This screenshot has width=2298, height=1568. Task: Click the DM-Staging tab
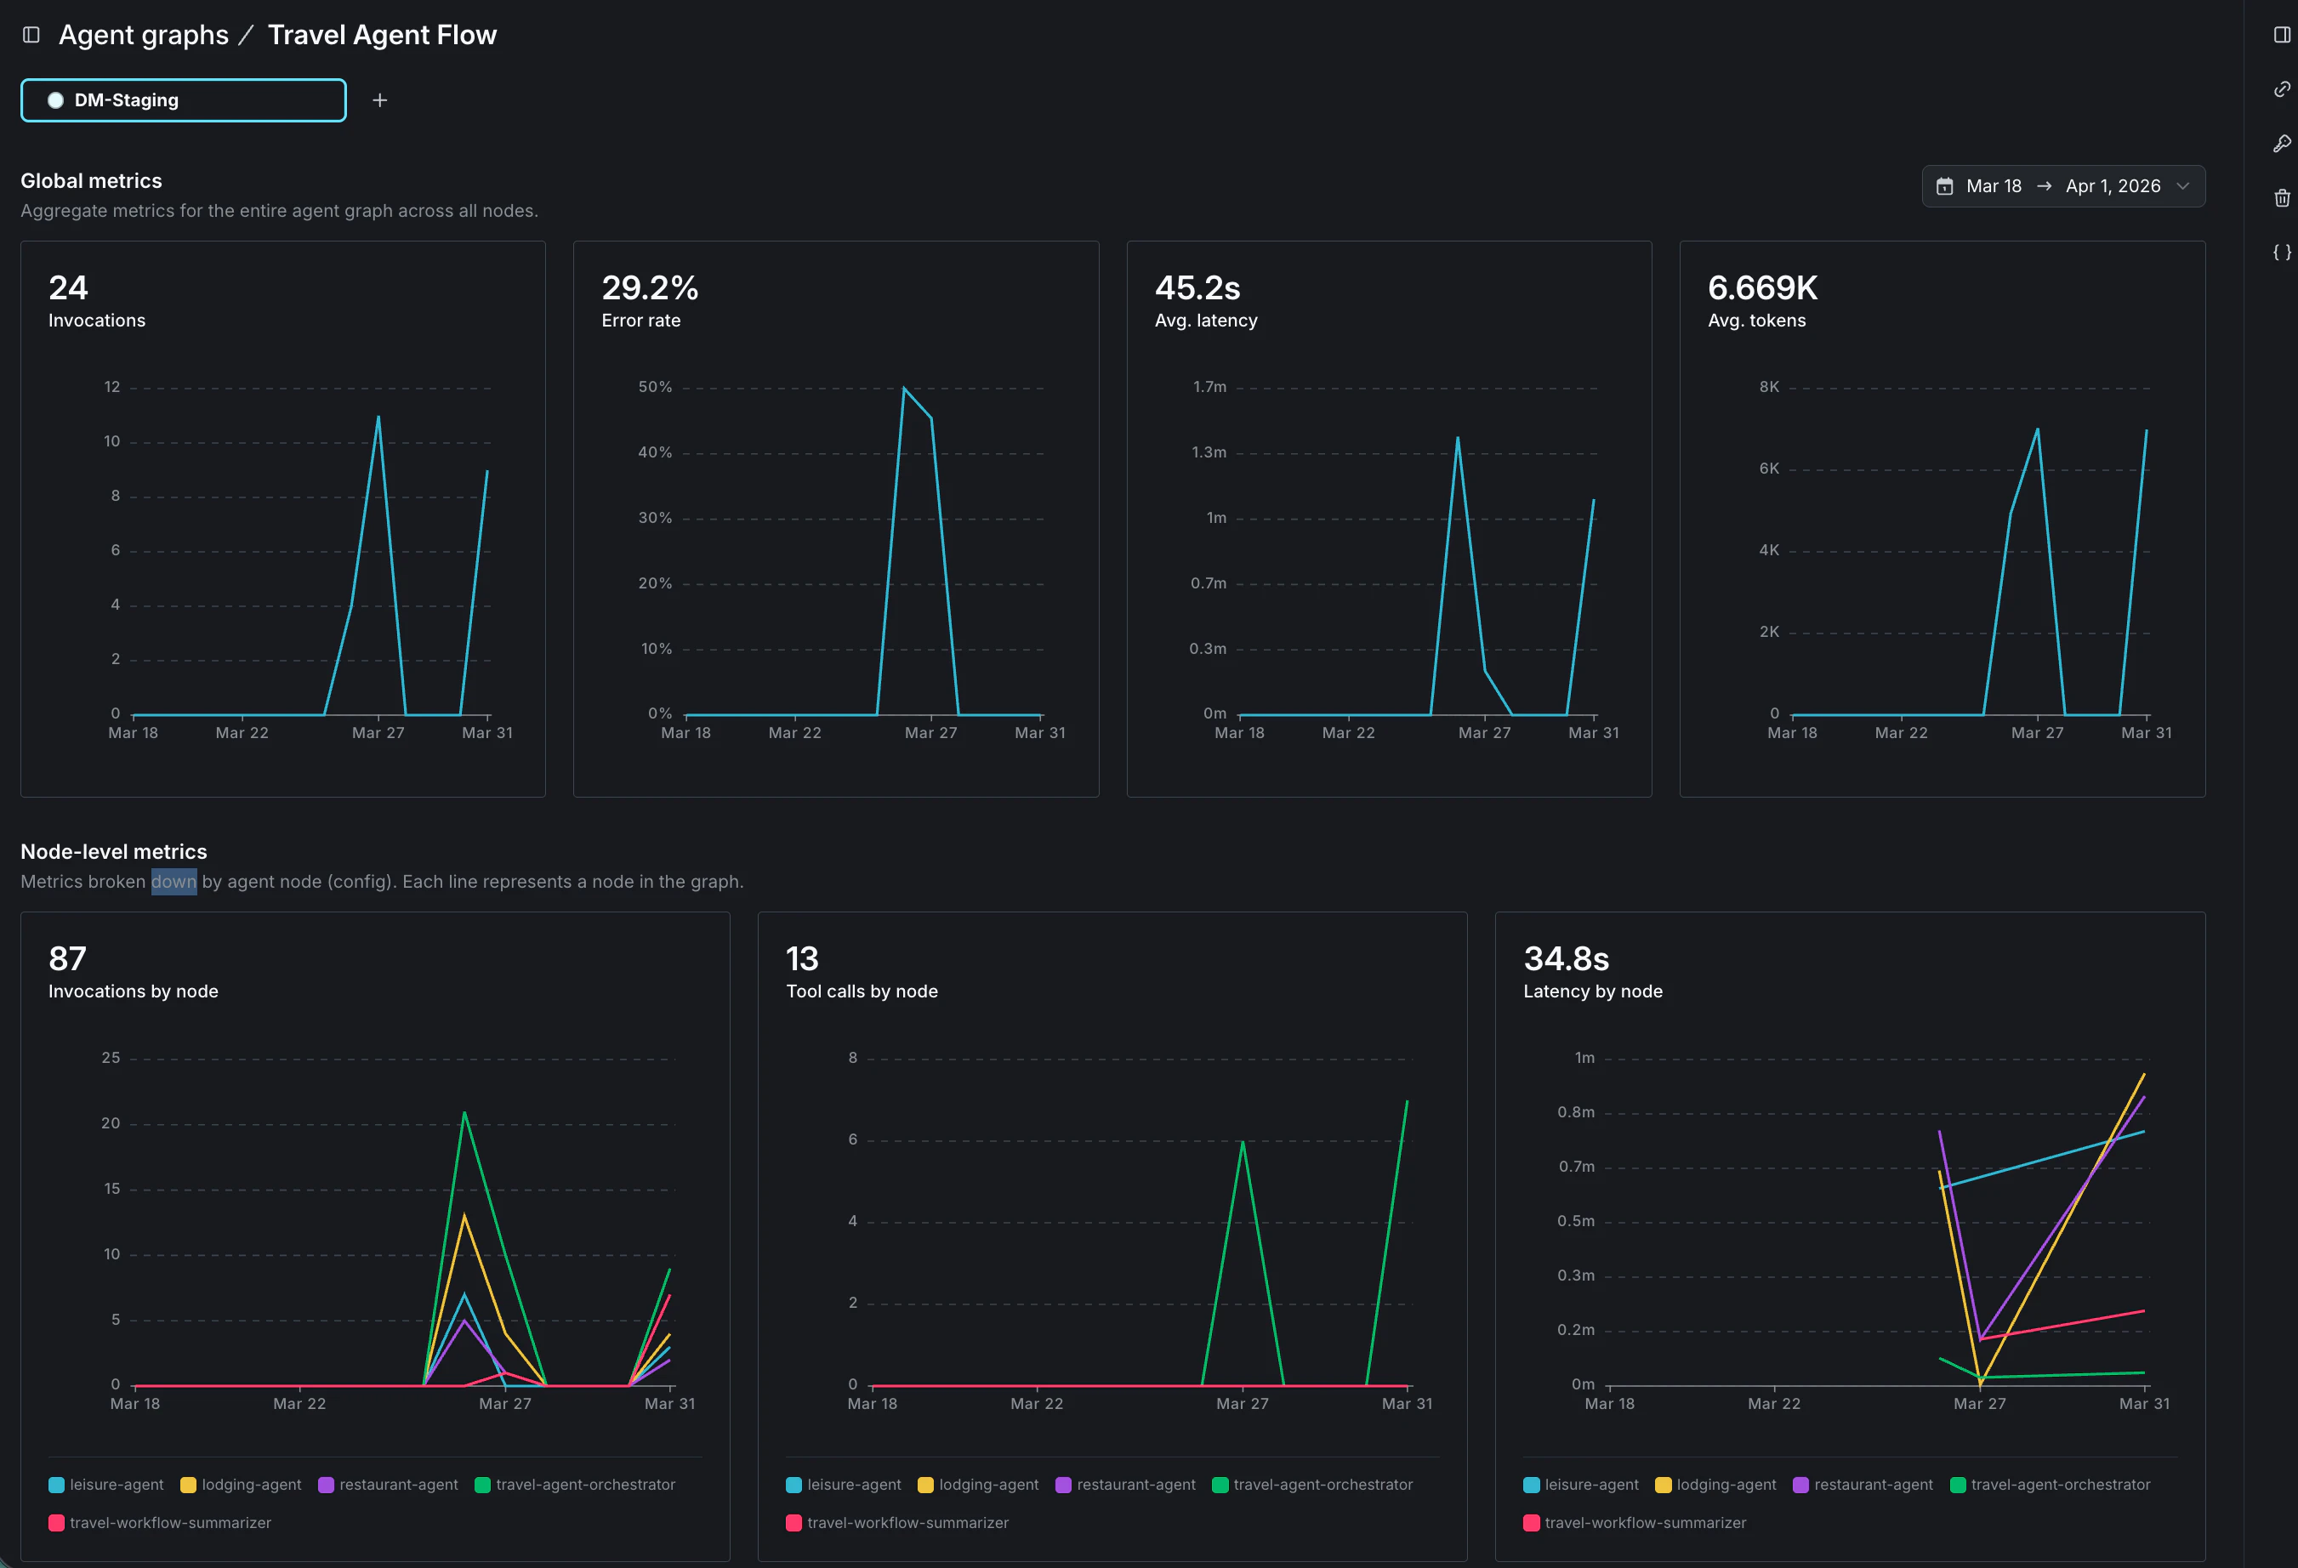(x=183, y=99)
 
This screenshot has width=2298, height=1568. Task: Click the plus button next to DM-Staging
(x=379, y=99)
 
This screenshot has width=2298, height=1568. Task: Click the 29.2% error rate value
(x=650, y=287)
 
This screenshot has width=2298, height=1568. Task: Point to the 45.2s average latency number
(x=1197, y=287)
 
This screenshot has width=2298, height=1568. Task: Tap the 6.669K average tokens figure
(x=1762, y=287)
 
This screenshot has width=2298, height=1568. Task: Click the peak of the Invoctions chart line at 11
(x=378, y=418)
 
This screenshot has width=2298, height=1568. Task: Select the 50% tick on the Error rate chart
(x=655, y=387)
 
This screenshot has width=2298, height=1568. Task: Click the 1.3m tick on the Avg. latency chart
(x=1209, y=452)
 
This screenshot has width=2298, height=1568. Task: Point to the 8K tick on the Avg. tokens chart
(x=1768, y=387)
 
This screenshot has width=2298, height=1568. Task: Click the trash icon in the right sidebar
(x=2281, y=198)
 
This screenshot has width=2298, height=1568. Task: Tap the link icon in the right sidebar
(x=2281, y=89)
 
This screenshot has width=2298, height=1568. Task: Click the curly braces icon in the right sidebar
(x=2281, y=252)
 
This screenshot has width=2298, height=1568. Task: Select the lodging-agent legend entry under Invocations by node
(x=242, y=1484)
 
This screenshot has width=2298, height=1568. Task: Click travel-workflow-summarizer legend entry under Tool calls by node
(x=897, y=1523)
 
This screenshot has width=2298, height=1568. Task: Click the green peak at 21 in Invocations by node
(x=464, y=1113)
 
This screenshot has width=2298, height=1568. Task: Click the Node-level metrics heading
(x=114, y=851)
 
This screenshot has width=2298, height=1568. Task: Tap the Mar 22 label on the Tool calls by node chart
(x=1036, y=1403)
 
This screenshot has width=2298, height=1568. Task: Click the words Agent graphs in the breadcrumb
(x=144, y=35)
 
